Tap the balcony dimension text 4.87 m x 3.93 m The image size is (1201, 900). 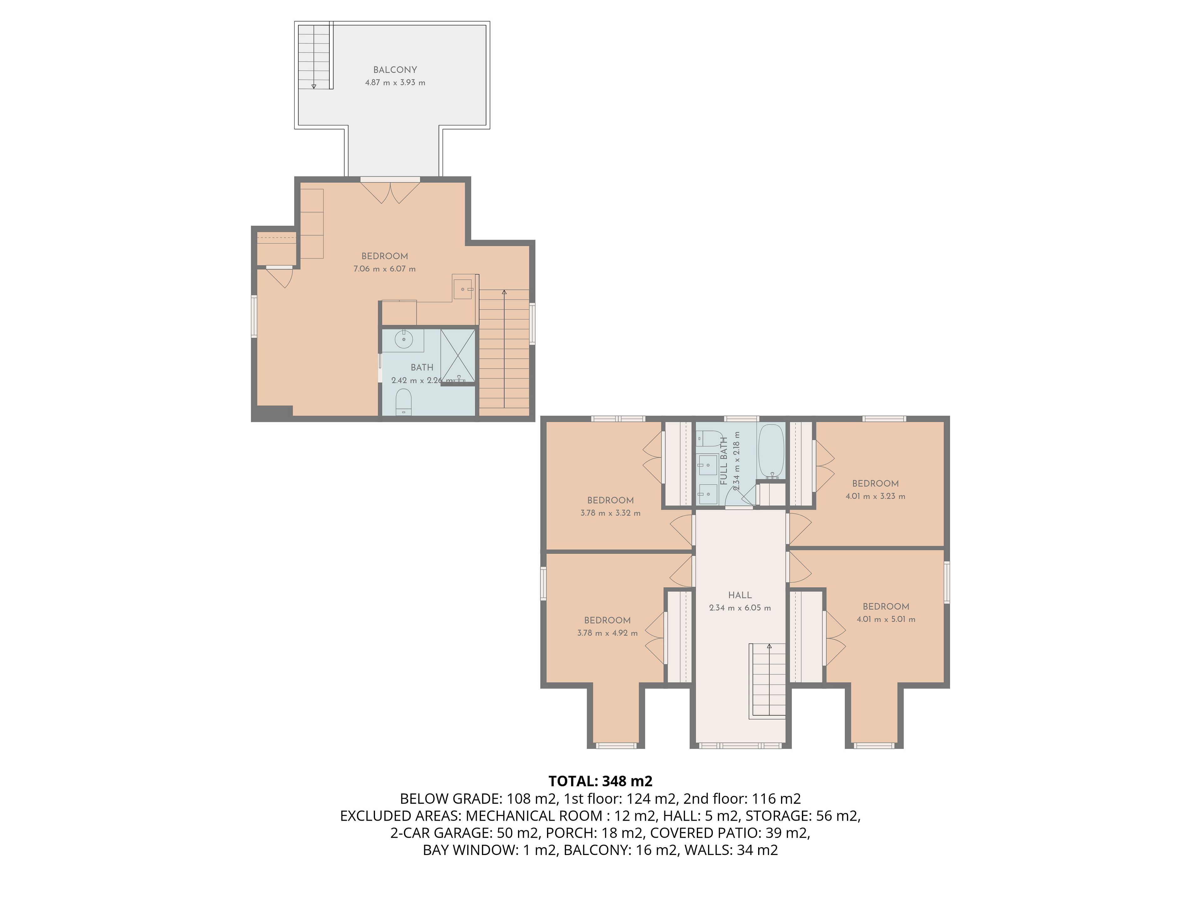coord(395,82)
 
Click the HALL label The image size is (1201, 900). coord(739,595)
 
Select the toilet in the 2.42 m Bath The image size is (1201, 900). coord(403,402)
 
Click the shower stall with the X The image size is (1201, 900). coord(458,355)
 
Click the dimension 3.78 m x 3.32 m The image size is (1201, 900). coord(610,513)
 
